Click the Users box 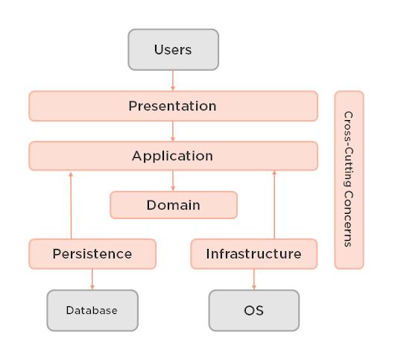click(x=173, y=50)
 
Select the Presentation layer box click(x=173, y=106)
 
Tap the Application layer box click(x=173, y=156)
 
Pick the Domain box click(x=173, y=204)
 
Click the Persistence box click(x=92, y=253)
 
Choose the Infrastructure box click(x=254, y=253)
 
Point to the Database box click(x=92, y=310)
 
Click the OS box click(x=254, y=310)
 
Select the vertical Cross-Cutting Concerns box click(x=349, y=180)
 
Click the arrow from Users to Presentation click(x=173, y=80)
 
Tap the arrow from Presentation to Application click(x=173, y=130)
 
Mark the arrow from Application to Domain click(x=173, y=180)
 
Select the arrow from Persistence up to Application click(x=71, y=205)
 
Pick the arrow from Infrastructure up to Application click(x=275, y=205)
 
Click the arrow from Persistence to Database click(x=92, y=279)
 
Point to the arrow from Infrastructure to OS click(x=254, y=279)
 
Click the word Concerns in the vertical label click(x=348, y=221)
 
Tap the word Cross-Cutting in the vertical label click(x=348, y=149)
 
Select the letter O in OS click(x=249, y=310)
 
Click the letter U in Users click(x=158, y=50)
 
